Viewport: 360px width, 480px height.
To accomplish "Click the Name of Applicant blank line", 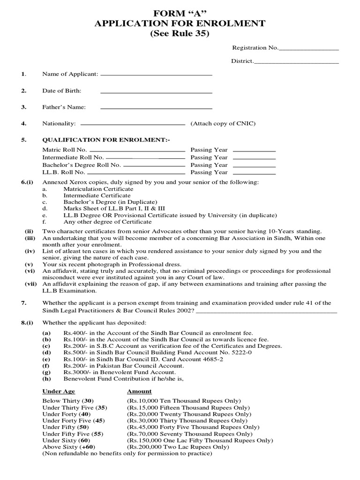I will (156, 75).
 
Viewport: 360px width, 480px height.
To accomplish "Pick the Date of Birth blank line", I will (156, 91).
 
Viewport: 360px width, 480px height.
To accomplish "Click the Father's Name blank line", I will (156, 108).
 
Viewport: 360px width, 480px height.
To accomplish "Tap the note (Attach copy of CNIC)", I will (223, 123).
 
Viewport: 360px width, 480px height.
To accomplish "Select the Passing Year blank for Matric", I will (254, 151).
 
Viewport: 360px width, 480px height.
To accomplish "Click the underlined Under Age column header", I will (59, 391).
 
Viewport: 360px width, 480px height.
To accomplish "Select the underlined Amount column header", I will (139, 391).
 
